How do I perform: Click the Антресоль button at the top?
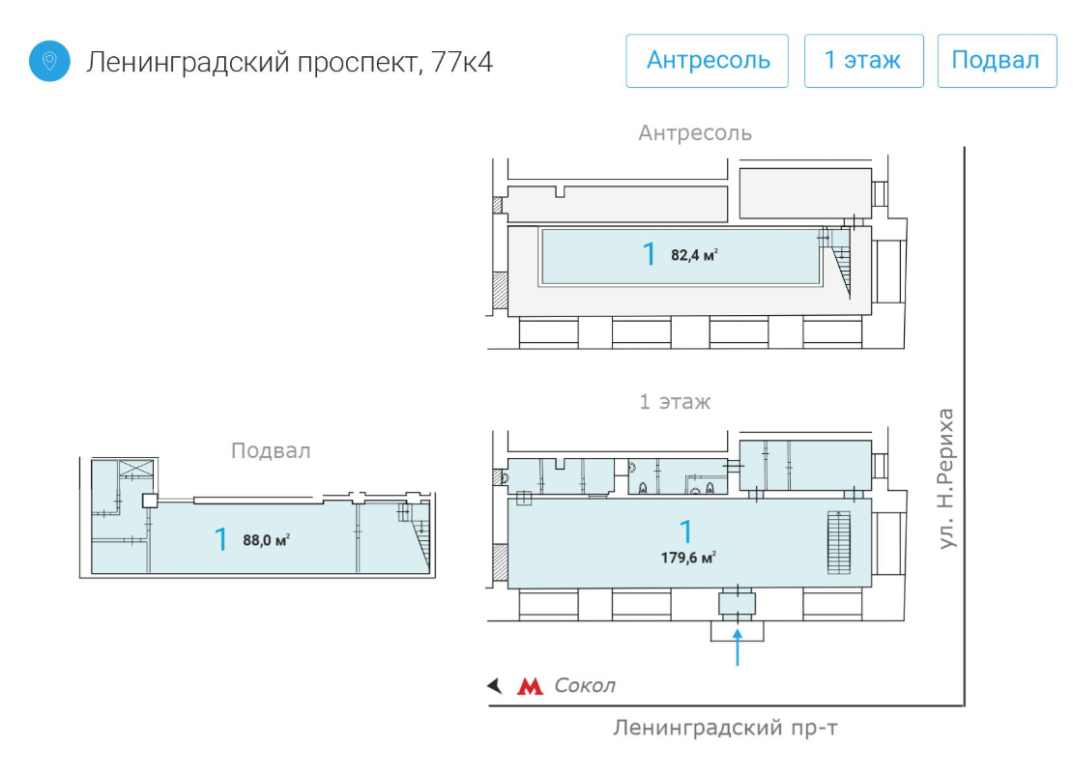[x=707, y=61]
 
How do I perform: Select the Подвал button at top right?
[x=997, y=61]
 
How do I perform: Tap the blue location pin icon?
[x=49, y=61]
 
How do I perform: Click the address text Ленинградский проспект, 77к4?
[x=289, y=62]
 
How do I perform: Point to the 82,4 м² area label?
[x=694, y=255]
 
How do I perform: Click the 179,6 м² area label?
[x=688, y=558]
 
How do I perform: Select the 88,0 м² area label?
[x=266, y=540]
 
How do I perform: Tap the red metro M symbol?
[x=530, y=685]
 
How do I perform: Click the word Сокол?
[x=585, y=685]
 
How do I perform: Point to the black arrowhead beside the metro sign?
[x=495, y=685]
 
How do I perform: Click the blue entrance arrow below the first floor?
[x=737, y=647]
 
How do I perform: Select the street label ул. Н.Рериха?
[x=945, y=478]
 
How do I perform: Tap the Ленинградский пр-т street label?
[x=725, y=727]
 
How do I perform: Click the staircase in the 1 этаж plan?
[x=839, y=542]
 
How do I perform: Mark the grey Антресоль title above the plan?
[x=695, y=132]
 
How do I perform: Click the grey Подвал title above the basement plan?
[x=271, y=450]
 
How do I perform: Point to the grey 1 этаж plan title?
[x=675, y=402]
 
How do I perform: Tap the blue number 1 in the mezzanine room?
[x=649, y=254]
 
